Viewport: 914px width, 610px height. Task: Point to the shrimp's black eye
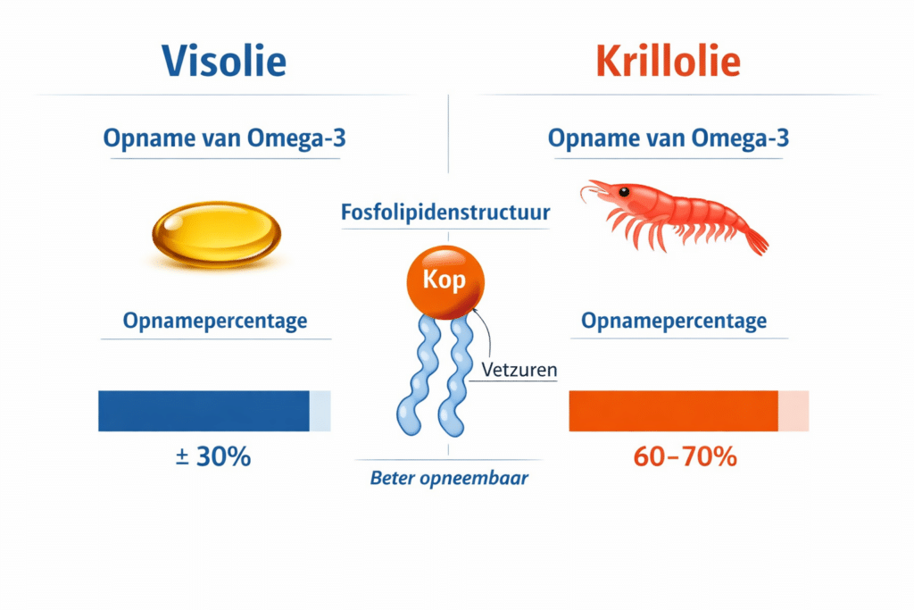click(623, 191)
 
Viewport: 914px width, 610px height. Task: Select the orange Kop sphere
click(448, 280)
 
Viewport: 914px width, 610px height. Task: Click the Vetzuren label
click(518, 368)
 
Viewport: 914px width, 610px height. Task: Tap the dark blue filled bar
click(204, 411)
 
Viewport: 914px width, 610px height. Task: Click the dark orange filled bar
click(673, 411)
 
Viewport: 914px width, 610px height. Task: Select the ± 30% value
click(214, 457)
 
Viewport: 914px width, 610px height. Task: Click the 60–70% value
click(685, 457)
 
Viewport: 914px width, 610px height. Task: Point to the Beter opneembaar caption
click(449, 479)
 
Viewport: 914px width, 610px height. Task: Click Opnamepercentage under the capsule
click(215, 321)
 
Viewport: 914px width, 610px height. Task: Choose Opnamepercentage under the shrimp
click(674, 321)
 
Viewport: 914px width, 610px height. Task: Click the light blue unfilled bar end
click(320, 411)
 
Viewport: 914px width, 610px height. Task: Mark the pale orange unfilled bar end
click(794, 411)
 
